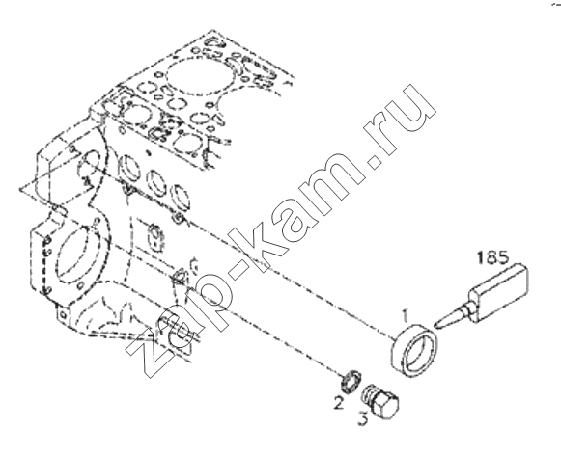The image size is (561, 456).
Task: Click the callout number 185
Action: [x=493, y=257]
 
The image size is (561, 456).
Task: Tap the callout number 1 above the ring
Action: [x=405, y=316]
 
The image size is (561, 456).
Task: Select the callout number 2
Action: [x=338, y=403]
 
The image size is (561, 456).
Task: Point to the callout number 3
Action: [x=363, y=418]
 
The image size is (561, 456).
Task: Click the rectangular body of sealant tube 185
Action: [x=500, y=291]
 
